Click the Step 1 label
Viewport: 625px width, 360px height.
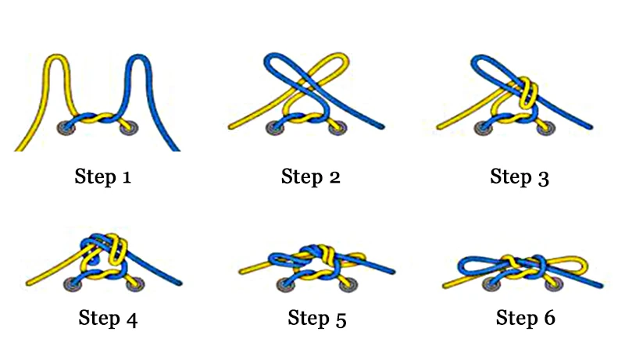point(102,176)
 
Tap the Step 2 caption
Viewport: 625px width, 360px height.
point(311,176)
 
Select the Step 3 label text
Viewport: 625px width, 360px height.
point(520,176)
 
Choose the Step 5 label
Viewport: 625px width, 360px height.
point(316,318)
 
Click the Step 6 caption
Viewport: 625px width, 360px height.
point(525,318)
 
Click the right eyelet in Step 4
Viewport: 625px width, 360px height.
point(135,283)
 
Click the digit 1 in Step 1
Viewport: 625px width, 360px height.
point(126,177)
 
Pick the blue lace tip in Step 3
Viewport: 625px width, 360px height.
point(591,127)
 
